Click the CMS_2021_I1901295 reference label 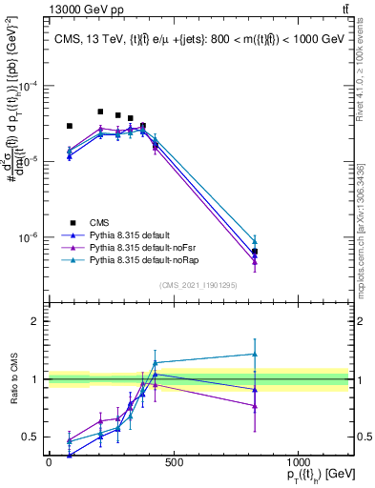click(x=198, y=285)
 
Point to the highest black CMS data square click(x=100, y=112)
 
